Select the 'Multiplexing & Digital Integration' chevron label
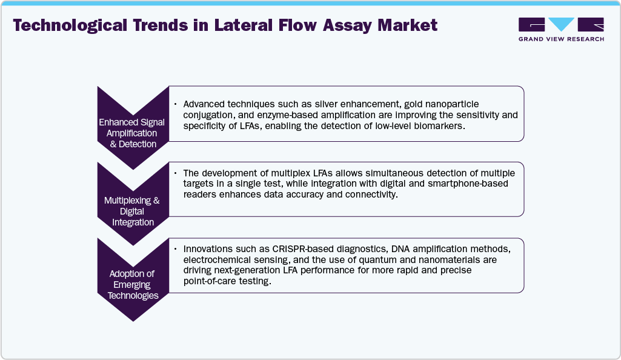(131, 212)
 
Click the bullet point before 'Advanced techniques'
(176, 104)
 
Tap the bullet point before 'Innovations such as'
(176, 250)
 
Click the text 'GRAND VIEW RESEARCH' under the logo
(561, 39)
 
